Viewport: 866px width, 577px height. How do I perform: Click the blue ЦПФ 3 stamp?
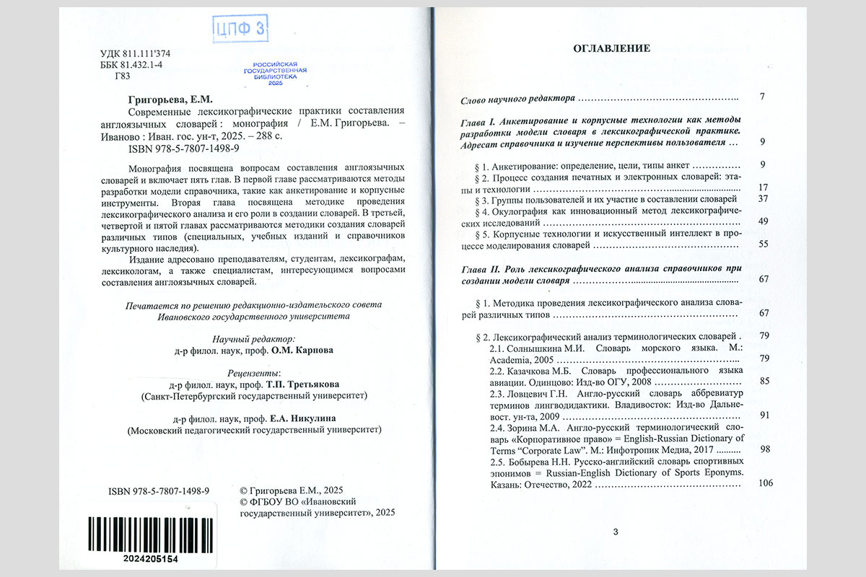(240, 29)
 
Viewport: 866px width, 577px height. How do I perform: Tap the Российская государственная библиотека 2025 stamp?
(274, 74)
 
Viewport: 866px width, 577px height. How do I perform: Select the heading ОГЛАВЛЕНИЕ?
(611, 48)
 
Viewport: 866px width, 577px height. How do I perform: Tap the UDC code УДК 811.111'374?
(135, 54)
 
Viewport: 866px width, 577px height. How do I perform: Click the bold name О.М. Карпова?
(301, 353)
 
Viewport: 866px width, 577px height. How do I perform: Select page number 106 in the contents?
(766, 483)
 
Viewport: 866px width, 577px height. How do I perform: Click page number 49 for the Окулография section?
(763, 221)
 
